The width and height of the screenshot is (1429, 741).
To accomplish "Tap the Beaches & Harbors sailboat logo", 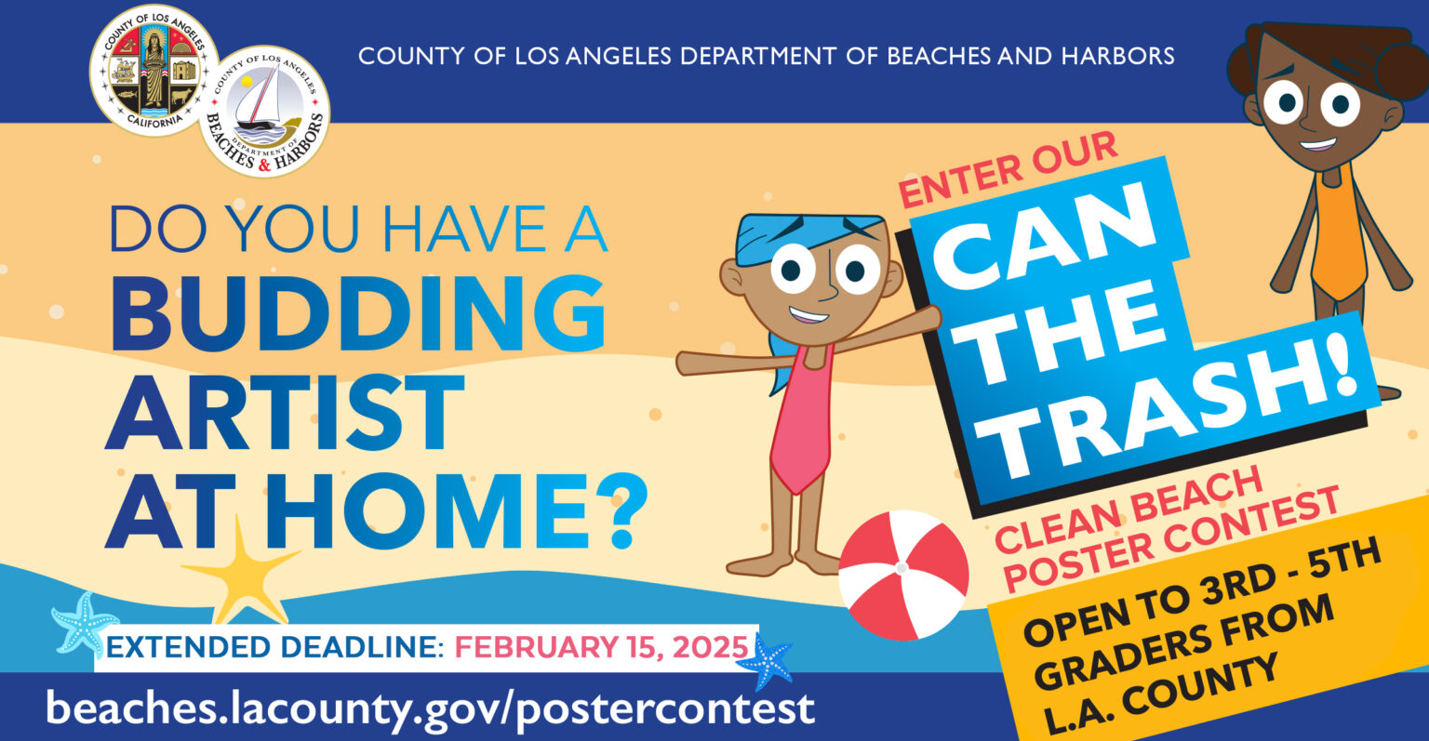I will tap(264, 111).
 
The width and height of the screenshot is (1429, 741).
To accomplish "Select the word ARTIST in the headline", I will tap(285, 411).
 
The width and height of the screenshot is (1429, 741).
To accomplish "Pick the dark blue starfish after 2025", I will tap(767, 661).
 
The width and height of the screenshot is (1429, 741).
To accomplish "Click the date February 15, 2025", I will tap(601, 646).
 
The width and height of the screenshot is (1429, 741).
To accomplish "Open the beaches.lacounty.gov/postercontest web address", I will tap(430, 708).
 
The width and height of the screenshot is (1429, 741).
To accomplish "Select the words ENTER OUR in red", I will tap(1008, 169).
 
